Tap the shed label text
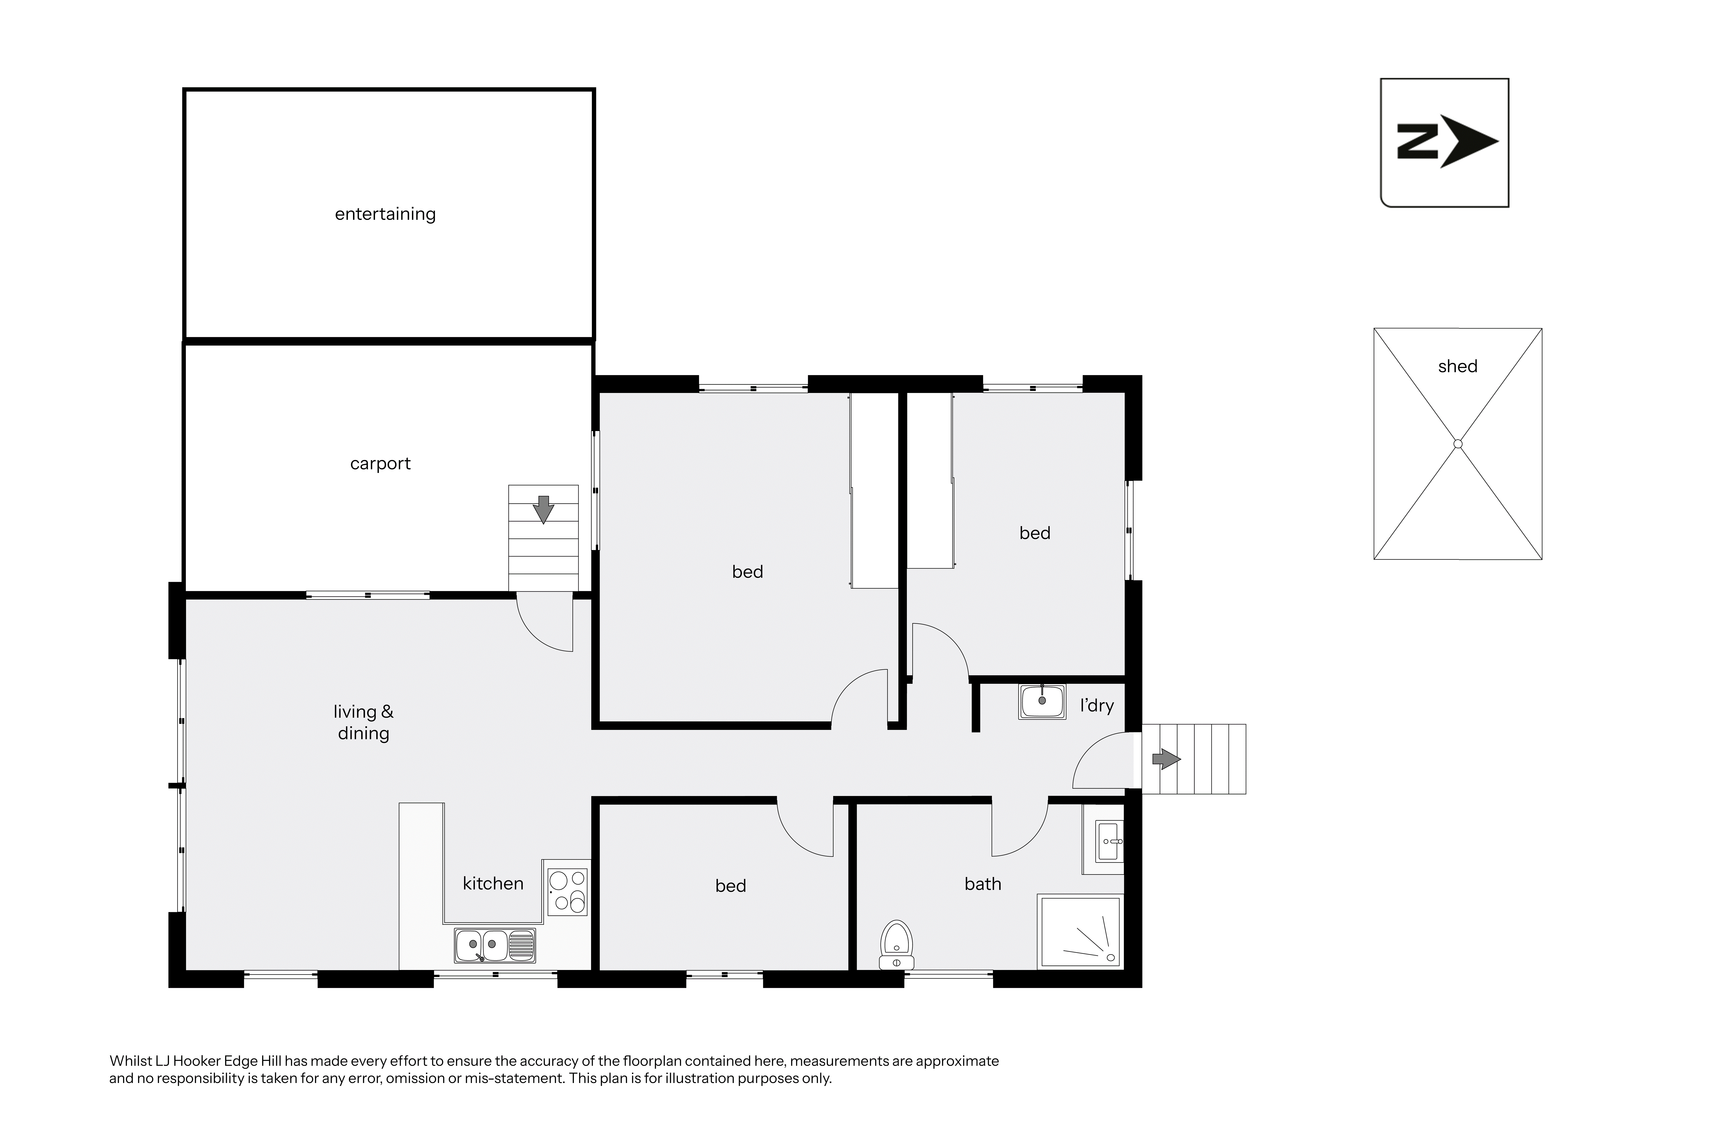tap(1458, 366)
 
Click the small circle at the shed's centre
tap(1458, 444)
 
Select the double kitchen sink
tap(495, 945)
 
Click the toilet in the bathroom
tap(897, 944)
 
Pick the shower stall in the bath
tap(1079, 931)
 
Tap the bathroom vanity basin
tap(1109, 842)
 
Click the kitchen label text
tap(493, 884)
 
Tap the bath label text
tap(983, 885)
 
